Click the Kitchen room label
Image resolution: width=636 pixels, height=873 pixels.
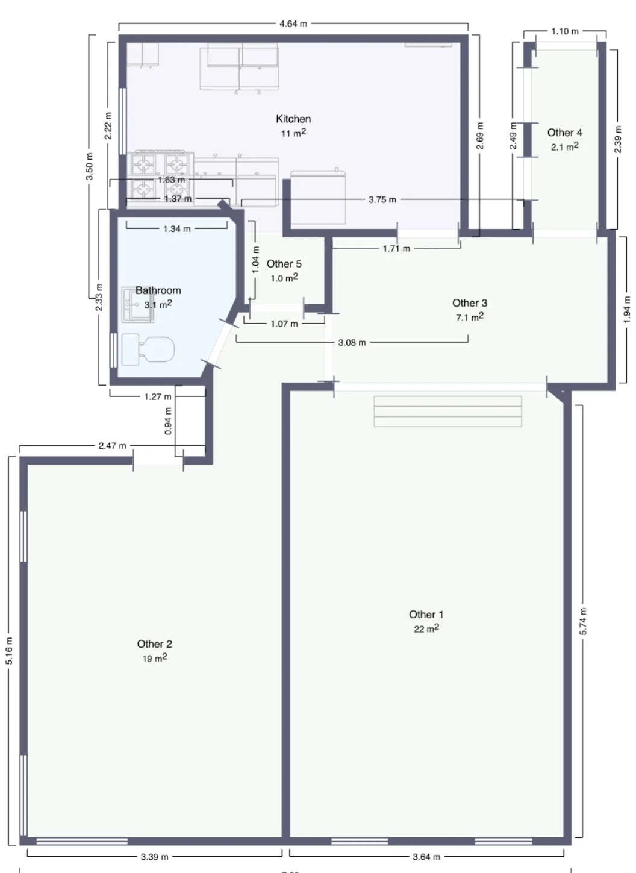coord(293,119)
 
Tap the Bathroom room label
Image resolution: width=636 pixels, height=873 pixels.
coord(158,290)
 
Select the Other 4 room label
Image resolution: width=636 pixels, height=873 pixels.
coord(564,133)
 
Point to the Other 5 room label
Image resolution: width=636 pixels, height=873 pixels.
coord(284,264)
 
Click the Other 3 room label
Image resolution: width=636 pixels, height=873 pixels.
coord(470,303)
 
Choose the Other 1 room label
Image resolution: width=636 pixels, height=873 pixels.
coord(426,615)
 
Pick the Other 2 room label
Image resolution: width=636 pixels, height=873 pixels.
coord(154,644)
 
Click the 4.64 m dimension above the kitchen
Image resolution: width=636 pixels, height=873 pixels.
coord(293,24)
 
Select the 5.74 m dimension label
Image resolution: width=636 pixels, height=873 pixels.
coord(582,621)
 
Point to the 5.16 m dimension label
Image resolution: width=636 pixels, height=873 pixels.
coord(10,651)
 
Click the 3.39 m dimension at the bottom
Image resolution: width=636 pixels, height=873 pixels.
coord(154,857)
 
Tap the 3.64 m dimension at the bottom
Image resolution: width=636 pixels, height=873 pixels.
coord(426,857)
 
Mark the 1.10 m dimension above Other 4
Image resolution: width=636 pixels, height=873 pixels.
coord(564,31)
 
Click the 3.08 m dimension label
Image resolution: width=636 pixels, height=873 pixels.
coord(352,343)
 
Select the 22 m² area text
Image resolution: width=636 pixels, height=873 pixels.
coord(426,628)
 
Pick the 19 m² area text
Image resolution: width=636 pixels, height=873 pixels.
coord(154,659)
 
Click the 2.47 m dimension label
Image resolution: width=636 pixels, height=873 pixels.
coord(113,446)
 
